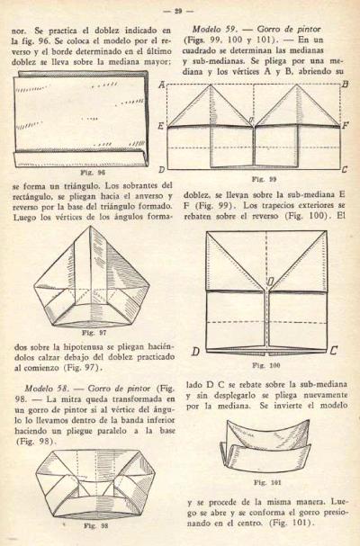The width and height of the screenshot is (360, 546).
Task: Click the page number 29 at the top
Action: tap(178, 11)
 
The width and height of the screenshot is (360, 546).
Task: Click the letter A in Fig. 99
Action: tap(162, 85)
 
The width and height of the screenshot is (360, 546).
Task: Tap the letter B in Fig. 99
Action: tap(346, 85)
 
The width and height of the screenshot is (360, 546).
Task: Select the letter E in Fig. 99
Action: tap(161, 125)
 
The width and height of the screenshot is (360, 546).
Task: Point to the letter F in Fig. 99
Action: tap(345, 125)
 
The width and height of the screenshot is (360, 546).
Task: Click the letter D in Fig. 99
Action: tap(162, 170)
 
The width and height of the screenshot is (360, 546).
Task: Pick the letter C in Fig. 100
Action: tap(334, 350)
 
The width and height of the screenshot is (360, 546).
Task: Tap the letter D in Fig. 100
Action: tap(195, 352)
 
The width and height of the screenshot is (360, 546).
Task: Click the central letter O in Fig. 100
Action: tap(271, 281)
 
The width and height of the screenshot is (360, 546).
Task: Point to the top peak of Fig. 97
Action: tap(91, 227)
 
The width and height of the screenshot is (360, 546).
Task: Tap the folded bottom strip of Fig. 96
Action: tap(80, 160)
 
